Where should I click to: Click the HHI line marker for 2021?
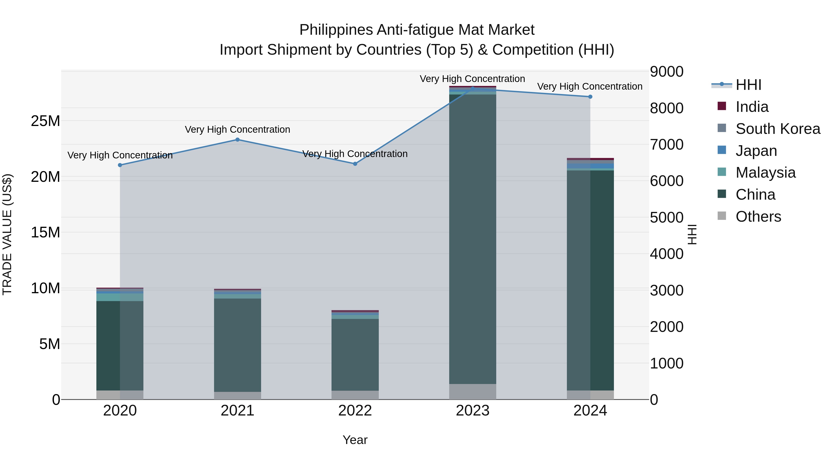[x=237, y=139]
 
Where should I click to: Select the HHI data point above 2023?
[x=472, y=88]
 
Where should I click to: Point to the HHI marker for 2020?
[x=120, y=165]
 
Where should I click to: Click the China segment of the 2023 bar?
[x=472, y=239]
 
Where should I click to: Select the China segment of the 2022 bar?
[x=355, y=354]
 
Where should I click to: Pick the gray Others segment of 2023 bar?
[x=472, y=392]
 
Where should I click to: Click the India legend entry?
[x=752, y=107]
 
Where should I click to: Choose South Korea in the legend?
[x=777, y=129]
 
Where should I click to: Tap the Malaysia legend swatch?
[x=722, y=172]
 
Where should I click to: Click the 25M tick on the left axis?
[x=45, y=121]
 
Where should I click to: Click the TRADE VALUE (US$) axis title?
[x=7, y=234]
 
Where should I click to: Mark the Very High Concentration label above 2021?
[x=237, y=129]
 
